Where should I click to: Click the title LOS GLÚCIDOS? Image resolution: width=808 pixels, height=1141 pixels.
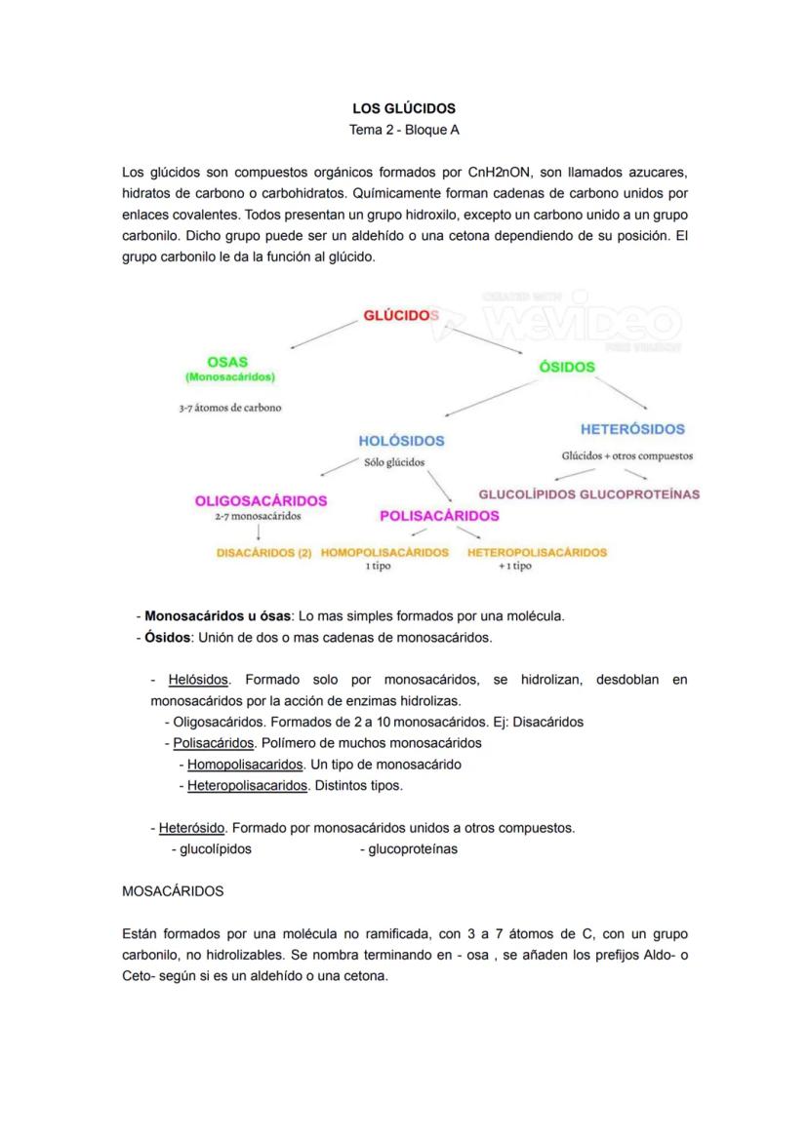403,108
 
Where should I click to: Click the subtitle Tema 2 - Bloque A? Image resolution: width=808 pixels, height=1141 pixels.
403,130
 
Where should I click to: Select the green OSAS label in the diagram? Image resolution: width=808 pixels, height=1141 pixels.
227,361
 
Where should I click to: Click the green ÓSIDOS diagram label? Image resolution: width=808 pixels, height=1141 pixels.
566,367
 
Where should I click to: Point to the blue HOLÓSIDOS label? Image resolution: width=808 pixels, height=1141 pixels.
401,441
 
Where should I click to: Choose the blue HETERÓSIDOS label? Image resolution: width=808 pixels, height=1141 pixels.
632,428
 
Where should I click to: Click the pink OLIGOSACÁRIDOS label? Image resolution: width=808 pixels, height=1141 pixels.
261,500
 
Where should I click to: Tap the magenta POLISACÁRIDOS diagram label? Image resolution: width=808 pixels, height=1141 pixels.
439,515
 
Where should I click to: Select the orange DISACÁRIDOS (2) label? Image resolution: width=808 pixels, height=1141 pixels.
263,552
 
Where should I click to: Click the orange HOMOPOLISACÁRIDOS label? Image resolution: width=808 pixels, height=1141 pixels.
384,552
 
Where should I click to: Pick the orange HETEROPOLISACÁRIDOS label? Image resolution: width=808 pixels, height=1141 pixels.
537,552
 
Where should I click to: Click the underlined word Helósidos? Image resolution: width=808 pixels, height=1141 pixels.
198,679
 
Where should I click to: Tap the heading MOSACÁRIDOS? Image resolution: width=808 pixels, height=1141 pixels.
173,891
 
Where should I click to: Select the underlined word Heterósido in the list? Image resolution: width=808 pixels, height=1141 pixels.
192,828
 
